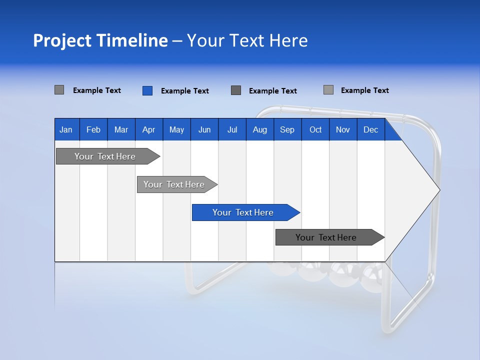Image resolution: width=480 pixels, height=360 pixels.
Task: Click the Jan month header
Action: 66,130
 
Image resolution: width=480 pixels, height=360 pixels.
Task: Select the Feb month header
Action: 93,130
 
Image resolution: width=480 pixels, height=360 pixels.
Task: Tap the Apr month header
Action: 148,130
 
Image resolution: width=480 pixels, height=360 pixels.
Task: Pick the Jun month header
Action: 204,130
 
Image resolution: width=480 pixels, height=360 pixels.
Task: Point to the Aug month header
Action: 259,130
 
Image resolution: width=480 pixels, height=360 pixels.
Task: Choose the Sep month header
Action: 287,130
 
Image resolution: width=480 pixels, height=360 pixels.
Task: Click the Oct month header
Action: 315,130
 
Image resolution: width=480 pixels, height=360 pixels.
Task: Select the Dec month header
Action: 370,130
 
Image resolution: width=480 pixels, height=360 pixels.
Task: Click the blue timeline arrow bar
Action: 245,212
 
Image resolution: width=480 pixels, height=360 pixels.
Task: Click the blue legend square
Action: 147,90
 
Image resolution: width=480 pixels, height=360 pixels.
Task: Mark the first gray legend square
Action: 59,90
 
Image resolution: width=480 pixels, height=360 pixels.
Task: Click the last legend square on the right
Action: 328,90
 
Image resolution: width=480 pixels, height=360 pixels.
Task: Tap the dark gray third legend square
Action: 236,90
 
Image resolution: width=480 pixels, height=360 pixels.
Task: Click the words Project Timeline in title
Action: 100,40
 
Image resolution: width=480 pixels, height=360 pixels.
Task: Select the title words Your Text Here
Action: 247,40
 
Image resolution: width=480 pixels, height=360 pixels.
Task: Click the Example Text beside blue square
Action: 185,91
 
